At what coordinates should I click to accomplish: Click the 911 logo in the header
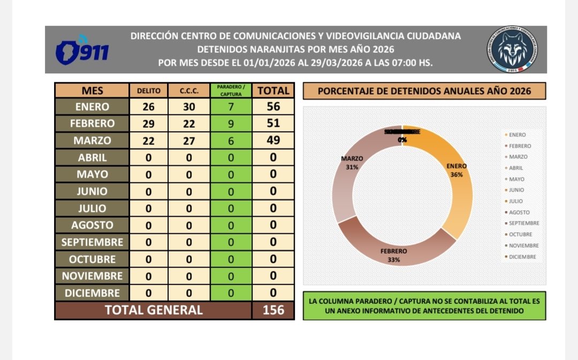[x=82, y=50]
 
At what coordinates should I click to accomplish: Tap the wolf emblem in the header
[x=512, y=49]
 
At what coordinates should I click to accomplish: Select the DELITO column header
[x=148, y=91]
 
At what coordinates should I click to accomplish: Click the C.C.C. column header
[x=188, y=91]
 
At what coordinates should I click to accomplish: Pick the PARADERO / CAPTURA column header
[x=231, y=91]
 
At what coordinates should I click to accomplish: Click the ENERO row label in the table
[x=92, y=106]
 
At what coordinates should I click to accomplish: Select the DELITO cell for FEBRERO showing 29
[x=148, y=124]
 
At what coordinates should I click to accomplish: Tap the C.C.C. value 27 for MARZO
[x=188, y=141]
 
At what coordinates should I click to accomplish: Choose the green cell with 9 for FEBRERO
[x=231, y=124]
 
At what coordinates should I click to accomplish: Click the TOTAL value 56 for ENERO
[x=273, y=106]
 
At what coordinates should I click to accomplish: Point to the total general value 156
[x=273, y=310]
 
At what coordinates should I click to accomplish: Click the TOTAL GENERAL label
[x=154, y=310]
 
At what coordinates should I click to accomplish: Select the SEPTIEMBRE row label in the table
[x=92, y=242]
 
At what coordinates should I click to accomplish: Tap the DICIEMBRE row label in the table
[x=92, y=293]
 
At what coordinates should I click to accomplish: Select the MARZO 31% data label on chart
[x=352, y=162]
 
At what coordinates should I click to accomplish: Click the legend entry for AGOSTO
[x=520, y=212]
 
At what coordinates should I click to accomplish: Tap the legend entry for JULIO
[x=516, y=201]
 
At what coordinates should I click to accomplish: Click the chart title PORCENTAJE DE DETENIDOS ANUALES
[x=424, y=91]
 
